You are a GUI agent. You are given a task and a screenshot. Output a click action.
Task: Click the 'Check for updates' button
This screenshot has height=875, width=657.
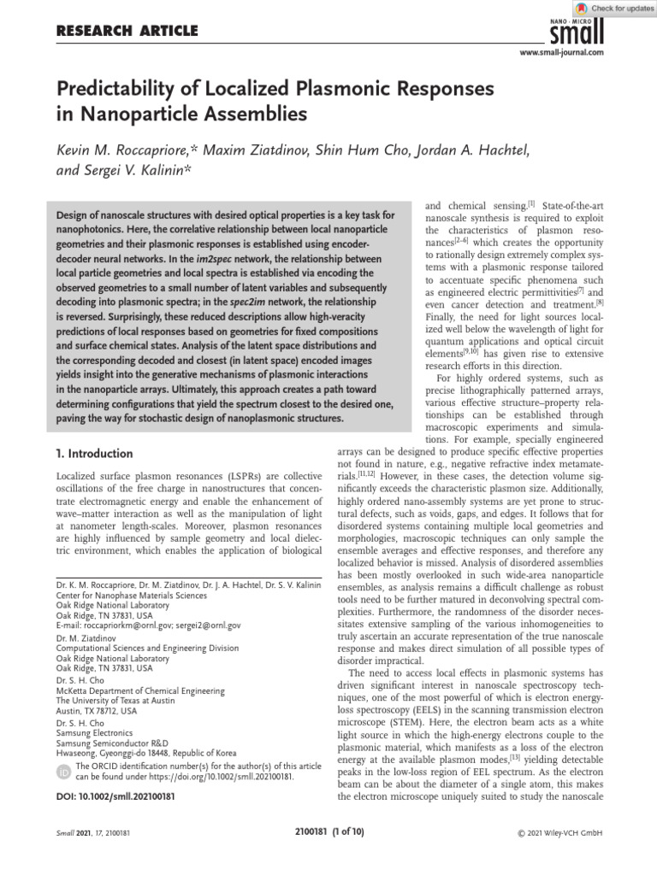614,8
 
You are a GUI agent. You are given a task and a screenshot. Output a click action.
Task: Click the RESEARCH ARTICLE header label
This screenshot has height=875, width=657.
127,32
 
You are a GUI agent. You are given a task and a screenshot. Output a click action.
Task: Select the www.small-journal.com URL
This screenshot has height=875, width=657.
561,53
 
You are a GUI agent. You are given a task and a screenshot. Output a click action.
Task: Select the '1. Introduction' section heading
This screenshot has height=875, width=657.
94,454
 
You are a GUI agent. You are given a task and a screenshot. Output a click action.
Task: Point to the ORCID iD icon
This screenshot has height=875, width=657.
63,772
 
